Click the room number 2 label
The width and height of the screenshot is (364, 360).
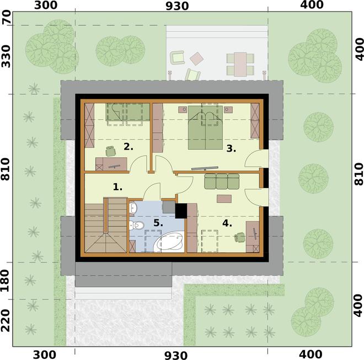tap(129, 147)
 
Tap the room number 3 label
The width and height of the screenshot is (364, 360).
tap(231, 148)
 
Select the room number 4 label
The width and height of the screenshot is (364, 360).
tap(227, 223)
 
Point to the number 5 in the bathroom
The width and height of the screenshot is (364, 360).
tap(158, 223)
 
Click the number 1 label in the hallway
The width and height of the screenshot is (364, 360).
tap(117, 187)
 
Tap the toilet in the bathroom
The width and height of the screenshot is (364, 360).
tap(137, 225)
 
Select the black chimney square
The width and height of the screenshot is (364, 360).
tap(181, 211)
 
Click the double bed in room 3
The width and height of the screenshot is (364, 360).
tap(205, 127)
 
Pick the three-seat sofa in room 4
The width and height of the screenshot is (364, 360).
tap(222, 181)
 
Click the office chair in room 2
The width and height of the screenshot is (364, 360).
tap(110, 151)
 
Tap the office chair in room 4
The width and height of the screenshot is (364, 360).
tap(239, 238)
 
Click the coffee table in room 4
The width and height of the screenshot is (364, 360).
tap(224, 198)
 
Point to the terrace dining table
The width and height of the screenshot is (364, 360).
tap(240, 65)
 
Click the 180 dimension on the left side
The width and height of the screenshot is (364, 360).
tap(6, 281)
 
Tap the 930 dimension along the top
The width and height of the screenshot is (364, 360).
tap(177, 6)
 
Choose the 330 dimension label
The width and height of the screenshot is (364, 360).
tap(6, 56)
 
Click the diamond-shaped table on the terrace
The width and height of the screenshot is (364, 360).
tap(197, 58)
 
